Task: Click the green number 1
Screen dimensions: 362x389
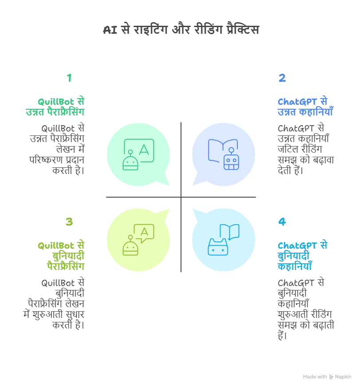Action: pyautogui.click(x=69, y=78)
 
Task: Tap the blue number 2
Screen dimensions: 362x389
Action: pyautogui.click(x=282, y=78)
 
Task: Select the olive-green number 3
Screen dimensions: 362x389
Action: pyautogui.click(x=69, y=222)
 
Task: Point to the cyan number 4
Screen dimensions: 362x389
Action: pyautogui.click(x=282, y=222)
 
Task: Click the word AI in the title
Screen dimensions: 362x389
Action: pyautogui.click(x=110, y=30)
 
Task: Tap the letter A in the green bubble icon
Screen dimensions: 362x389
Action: pyautogui.click(x=144, y=150)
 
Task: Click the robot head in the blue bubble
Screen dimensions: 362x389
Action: pyautogui.click(x=231, y=160)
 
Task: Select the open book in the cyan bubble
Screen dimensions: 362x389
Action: pyautogui.click(x=229, y=232)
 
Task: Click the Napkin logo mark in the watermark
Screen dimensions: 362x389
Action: pyautogui.click(x=331, y=377)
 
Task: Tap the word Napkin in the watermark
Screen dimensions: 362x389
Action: pyautogui.click(x=343, y=377)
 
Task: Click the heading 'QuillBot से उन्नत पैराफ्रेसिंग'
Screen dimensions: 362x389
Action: pyautogui.click(x=55, y=107)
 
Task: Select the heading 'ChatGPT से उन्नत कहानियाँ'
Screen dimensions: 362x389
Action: pyautogui.click(x=305, y=107)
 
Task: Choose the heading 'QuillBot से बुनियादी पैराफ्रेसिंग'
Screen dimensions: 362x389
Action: pyautogui.click(x=61, y=256)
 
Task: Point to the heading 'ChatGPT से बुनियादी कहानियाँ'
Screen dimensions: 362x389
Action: pyautogui.click(x=303, y=256)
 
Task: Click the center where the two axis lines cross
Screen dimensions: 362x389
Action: pyautogui.click(x=181, y=197)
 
